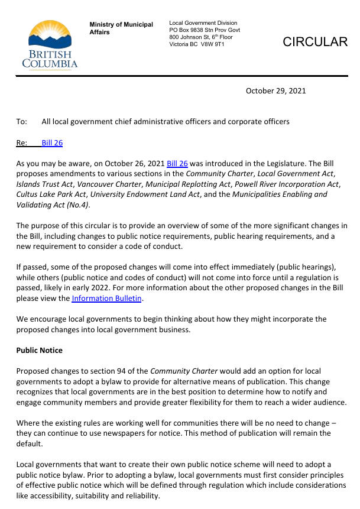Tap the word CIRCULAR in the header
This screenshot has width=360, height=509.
(x=315, y=41)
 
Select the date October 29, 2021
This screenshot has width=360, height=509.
(x=276, y=91)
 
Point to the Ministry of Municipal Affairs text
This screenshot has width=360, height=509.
(x=121, y=28)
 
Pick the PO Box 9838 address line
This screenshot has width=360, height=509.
(x=205, y=30)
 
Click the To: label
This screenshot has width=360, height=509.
(x=22, y=122)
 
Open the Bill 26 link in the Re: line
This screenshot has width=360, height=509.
(x=52, y=143)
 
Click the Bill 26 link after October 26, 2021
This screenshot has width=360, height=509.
(x=177, y=164)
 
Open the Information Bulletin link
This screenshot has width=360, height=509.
(x=107, y=299)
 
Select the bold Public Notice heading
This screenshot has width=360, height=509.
(x=39, y=351)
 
